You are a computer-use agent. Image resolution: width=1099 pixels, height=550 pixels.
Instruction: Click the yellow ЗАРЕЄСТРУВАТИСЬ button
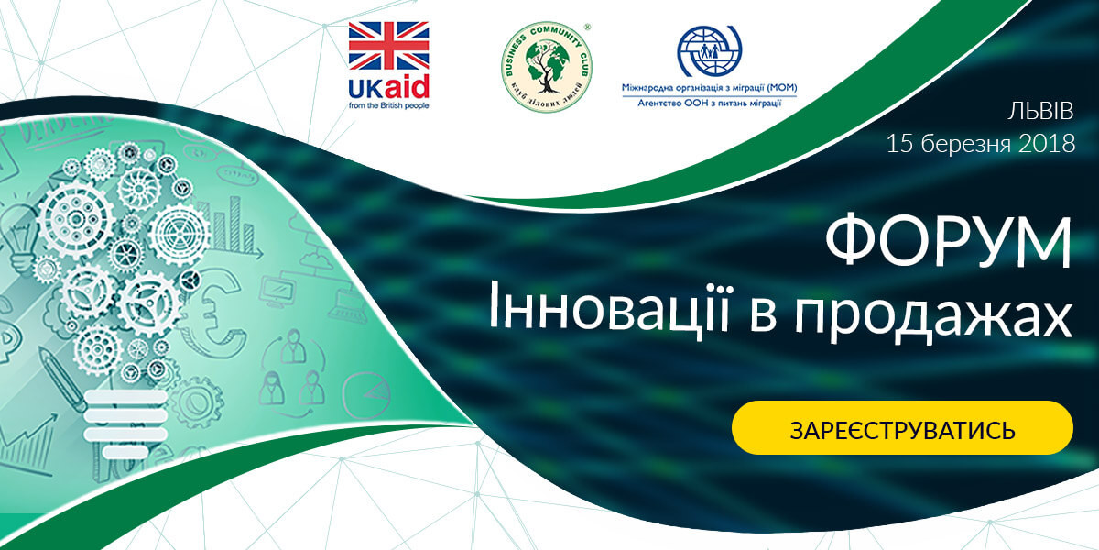tap(902, 428)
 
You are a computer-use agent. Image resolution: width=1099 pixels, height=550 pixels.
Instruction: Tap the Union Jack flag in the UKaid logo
tap(388, 45)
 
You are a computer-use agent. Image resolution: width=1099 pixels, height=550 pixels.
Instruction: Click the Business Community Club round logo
tap(547, 66)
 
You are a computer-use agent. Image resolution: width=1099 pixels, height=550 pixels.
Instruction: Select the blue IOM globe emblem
tap(710, 51)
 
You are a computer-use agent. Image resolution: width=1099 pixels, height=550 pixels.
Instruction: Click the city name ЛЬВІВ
tap(1040, 111)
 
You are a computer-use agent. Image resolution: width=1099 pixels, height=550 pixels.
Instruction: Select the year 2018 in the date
tap(1047, 144)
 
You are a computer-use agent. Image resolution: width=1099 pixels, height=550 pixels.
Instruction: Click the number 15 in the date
tap(898, 144)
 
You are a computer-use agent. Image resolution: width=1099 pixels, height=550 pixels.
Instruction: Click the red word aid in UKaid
tap(407, 87)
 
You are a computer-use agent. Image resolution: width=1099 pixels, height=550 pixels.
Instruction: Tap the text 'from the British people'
tap(388, 105)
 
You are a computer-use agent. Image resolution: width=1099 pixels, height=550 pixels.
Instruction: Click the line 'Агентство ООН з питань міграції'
tap(710, 103)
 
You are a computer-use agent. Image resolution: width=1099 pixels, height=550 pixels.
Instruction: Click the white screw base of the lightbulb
tap(126, 424)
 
